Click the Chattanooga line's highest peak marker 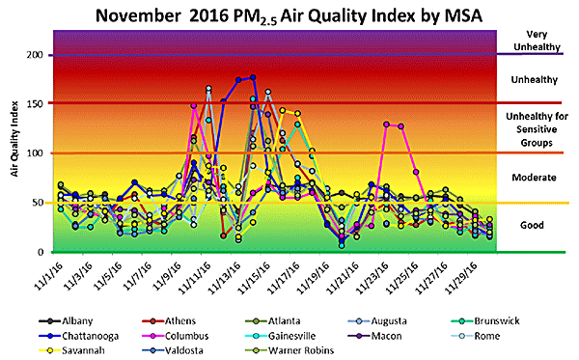pyautogui.click(x=253, y=77)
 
